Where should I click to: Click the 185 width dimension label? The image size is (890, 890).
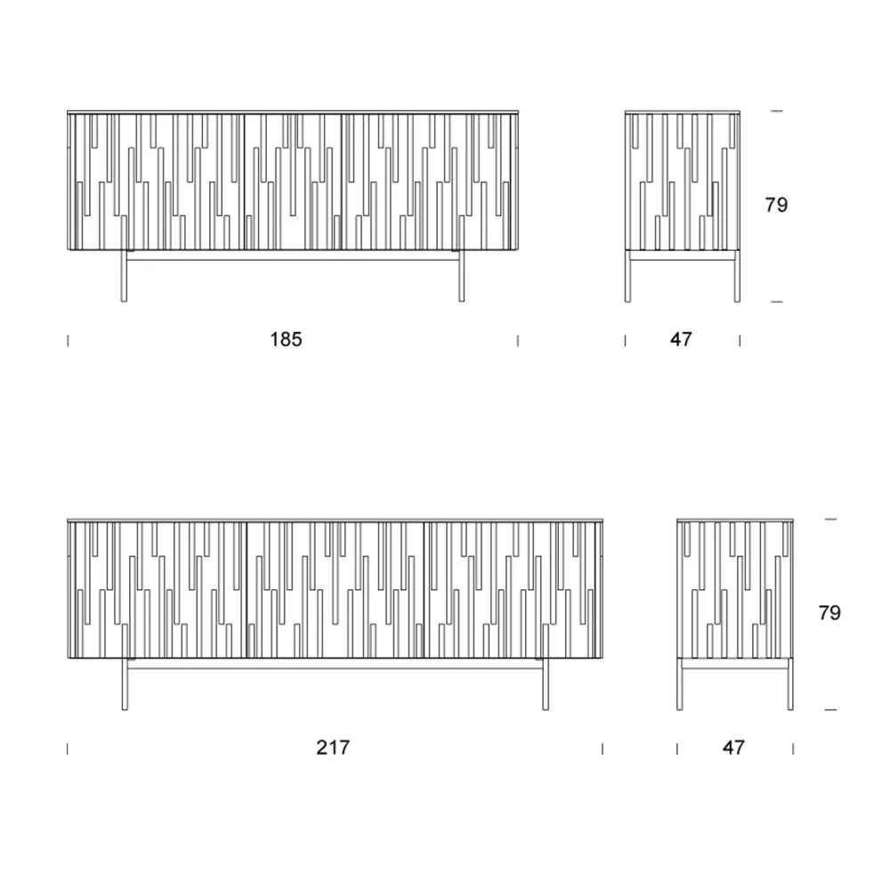point(286,339)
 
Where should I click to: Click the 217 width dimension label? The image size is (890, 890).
point(333,748)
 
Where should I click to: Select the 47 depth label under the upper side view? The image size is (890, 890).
point(681,339)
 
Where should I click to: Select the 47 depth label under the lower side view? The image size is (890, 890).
point(733,748)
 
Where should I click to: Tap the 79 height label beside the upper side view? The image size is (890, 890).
point(776,205)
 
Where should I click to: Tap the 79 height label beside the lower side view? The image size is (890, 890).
point(829,613)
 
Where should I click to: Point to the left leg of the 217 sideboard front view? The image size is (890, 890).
point(125,684)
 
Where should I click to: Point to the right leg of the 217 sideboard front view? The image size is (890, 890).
point(546,684)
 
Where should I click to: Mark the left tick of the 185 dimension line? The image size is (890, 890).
point(69,341)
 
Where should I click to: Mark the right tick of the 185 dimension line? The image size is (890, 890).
point(518,341)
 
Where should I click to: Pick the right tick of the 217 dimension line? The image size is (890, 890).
point(603,749)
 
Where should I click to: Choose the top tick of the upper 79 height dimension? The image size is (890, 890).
point(777,111)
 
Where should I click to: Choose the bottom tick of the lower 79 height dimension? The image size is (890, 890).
point(830,709)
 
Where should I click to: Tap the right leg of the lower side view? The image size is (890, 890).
point(790,684)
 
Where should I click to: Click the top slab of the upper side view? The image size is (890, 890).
point(683,112)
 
